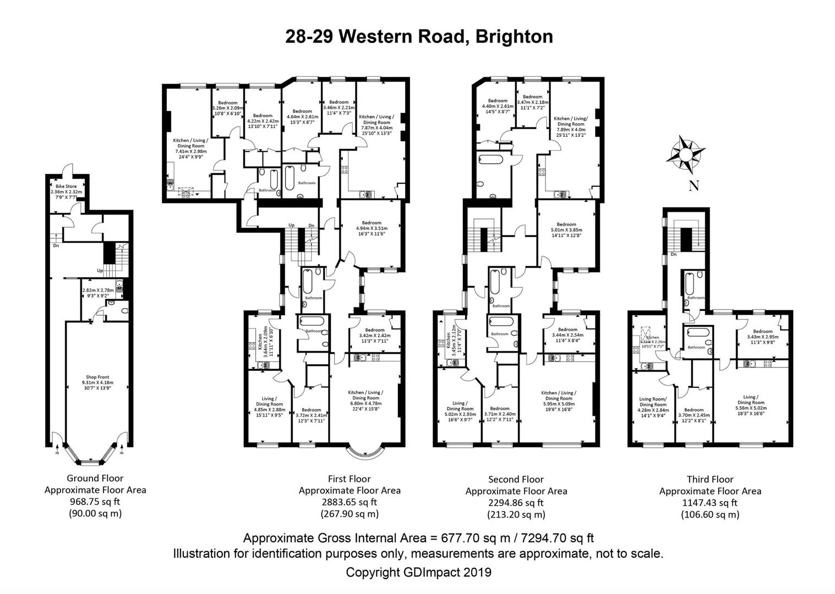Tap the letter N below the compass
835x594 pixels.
pyautogui.click(x=694, y=186)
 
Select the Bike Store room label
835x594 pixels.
pyautogui.click(x=66, y=186)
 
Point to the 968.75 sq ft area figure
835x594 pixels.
pyautogui.click(x=95, y=502)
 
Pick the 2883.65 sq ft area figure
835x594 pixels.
pyautogui.click(x=349, y=502)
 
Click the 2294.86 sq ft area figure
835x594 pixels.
pyautogui.click(x=516, y=503)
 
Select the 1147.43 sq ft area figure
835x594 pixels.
pyautogui.click(x=710, y=503)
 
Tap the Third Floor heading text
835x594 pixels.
pyautogui.click(x=710, y=479)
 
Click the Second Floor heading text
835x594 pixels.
pyautogui.click(x=516, y=480)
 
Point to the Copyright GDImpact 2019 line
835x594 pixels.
pyautogui.click(x=418, y=572)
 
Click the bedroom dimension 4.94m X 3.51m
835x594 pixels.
pyautogui.click(x=372, y=228)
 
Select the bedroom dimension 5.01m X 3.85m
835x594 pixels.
pyautogui.click(x=566, y=230)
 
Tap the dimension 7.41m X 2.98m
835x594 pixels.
pyautogui.click(x=190, y=151)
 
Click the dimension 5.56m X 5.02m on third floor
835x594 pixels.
pyautogui.click(x=750, y=408)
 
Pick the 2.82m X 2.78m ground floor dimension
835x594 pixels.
pyautogui.click(x=97, y=290)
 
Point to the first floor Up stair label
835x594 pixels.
pyautogui.click(x=291, y=225)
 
